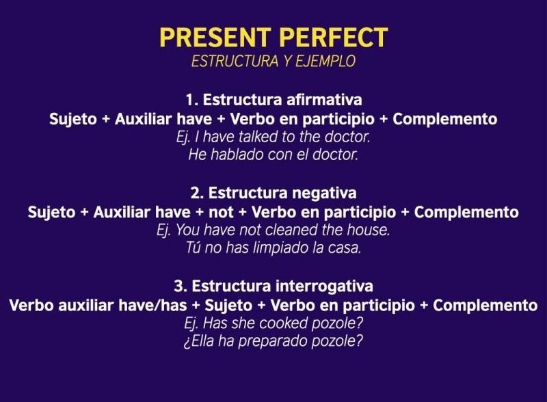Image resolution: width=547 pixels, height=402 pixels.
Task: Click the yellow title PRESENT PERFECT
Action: tap(273, 37)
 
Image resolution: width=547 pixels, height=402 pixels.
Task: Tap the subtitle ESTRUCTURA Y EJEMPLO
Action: tap(273, 61)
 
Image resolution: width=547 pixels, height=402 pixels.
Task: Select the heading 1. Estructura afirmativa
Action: tap(273, 100)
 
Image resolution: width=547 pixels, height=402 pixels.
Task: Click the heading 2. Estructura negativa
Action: tap(273, 193)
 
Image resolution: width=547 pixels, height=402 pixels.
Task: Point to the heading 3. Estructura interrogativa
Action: tap(273, 286)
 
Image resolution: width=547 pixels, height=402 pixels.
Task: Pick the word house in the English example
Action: tap(370, 230)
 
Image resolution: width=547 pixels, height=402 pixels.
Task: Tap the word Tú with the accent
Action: tap(195, 248)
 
